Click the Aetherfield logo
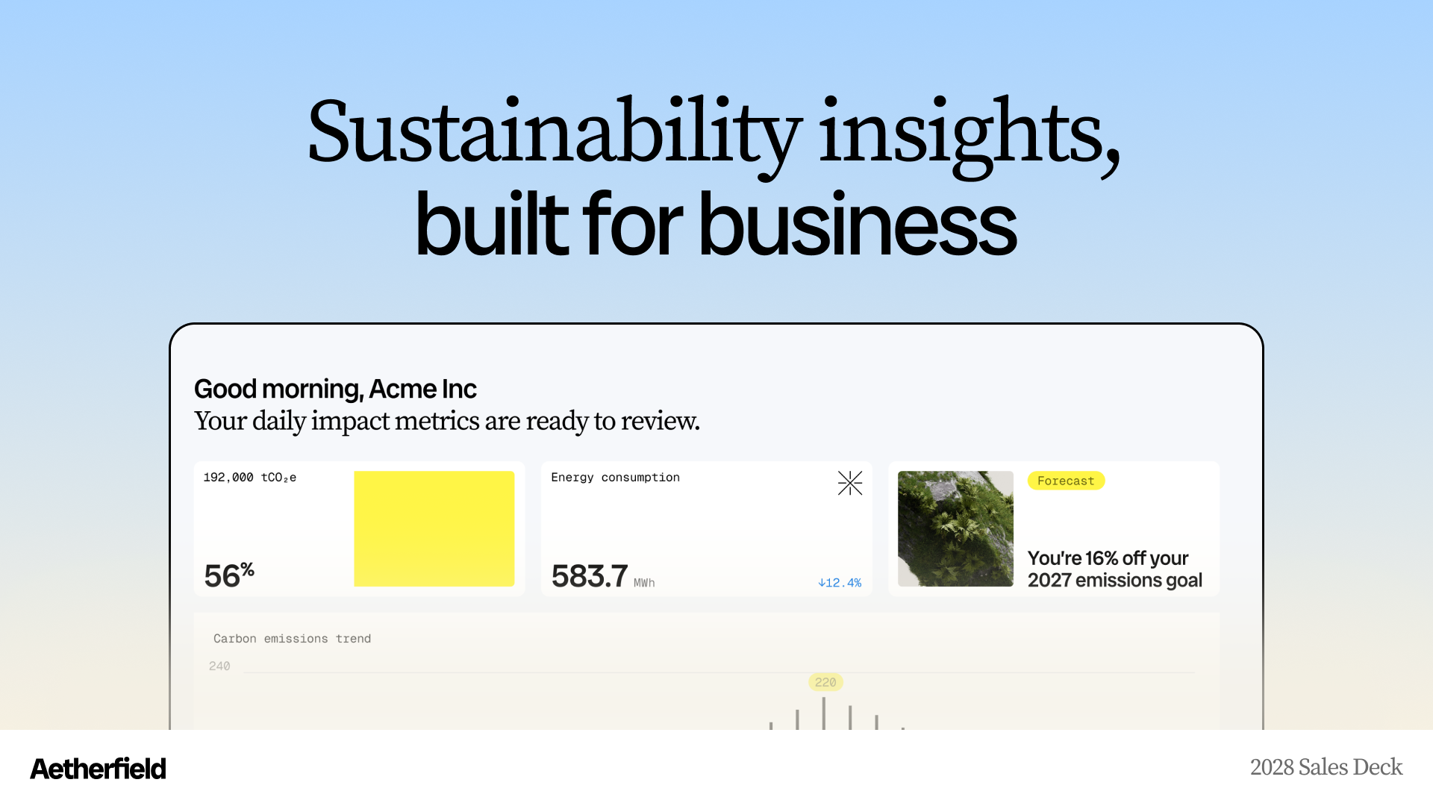click(98, 769)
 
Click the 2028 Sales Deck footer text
click(1326, 767)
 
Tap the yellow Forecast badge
click(1066, 481)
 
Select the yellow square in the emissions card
click(434, 528)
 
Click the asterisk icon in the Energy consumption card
click(850, 483)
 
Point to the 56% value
click(229, 575)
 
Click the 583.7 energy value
click(590, 576)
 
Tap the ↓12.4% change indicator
click(840, 583)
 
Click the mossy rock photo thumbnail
click(955, 528)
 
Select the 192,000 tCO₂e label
click(250, 478)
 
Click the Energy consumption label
click(616, 478)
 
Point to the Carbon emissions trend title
click(293, 639)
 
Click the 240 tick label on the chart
click(219, 666)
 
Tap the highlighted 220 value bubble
click(825, 682)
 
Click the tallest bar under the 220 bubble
click(824, 713)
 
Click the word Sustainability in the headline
click(555, 133)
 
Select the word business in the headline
click(857, 223)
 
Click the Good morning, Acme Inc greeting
click(335, 389)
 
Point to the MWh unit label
click(644, 583)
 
